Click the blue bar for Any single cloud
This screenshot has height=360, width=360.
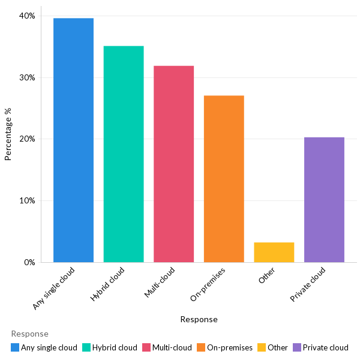click(x=73, y=140)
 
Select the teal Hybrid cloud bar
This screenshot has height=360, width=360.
click(x=124, y=154)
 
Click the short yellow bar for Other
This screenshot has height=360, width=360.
click(x=274, y=253)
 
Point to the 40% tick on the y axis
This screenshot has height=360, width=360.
click(x=27, y=16)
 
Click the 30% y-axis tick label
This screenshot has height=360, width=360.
click(x=27, y=77)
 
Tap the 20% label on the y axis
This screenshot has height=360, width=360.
click(x=27, y=139)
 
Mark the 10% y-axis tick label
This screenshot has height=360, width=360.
click(x=27, y=200)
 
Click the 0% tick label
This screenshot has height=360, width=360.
click(x=29, y=262)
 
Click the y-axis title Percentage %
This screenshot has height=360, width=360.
click(x=8, y=134)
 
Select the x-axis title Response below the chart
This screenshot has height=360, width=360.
click(x=199, y=319)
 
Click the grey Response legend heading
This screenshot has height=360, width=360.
click(x=29, y=334)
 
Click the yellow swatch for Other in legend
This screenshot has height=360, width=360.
click(x=262, y=347)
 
